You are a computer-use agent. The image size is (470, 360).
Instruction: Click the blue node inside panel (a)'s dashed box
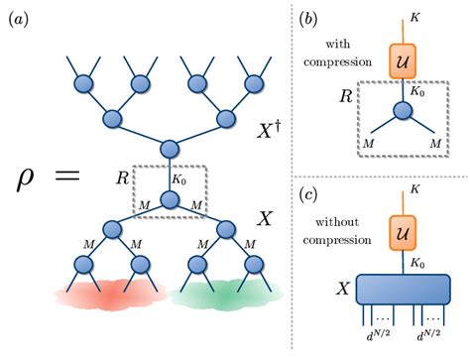(169, 199)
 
